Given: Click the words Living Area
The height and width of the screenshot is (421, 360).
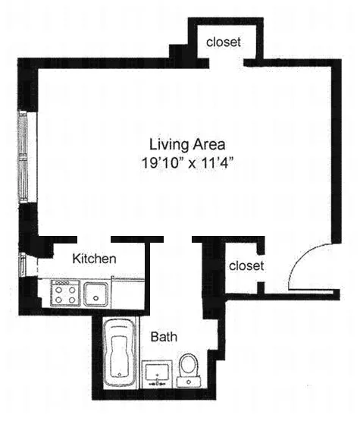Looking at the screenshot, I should click(186, 143).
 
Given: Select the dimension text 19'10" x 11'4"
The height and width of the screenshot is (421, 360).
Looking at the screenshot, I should click(186, 162).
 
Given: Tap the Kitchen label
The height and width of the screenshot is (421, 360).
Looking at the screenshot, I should click(94, 259).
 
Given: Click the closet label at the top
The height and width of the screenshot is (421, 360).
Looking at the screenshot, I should click(224, 42).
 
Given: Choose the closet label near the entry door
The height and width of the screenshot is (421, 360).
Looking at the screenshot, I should click(246, 265).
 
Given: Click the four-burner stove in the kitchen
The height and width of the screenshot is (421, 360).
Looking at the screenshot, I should click(64, 293).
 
